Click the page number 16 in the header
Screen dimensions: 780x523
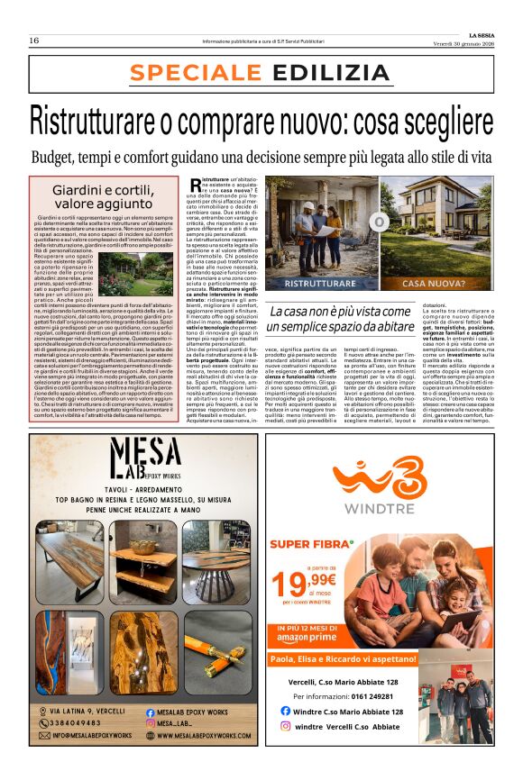coord(33,41)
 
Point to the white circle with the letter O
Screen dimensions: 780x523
coord(380,222)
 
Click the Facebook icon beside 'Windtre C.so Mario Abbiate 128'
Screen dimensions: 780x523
coord(286,711)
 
